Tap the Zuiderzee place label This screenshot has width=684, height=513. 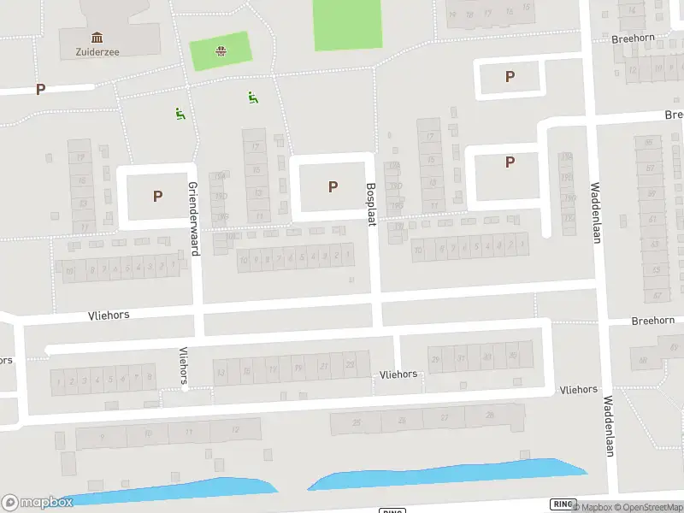coord(96,51)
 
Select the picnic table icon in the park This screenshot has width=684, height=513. coord(221,50)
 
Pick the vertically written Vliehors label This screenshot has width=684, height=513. coord(183,367)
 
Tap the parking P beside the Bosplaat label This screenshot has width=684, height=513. coord(333,186)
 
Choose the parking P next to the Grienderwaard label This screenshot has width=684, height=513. coord(157,196)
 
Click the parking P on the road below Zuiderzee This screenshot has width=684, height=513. coord(40,89)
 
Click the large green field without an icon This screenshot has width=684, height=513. coord(348,25)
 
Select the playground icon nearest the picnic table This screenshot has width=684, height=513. coord(252,97)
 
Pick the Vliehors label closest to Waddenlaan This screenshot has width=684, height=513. coord(578,389)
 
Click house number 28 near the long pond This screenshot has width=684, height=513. coord(490,416)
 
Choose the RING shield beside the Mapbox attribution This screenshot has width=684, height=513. coord(561,504)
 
